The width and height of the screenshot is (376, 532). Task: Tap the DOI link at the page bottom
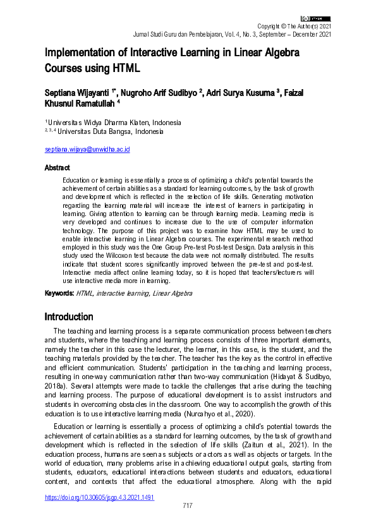(x=99, y=497)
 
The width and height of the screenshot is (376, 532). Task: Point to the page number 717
(x=187, y=505)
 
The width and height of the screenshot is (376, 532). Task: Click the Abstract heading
(x=57, y=169)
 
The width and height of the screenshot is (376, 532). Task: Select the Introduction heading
(x=69, y=317)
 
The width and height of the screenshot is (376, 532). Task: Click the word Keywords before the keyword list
(x=59, y=294)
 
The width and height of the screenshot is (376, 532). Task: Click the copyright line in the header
(x=294, y=26)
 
